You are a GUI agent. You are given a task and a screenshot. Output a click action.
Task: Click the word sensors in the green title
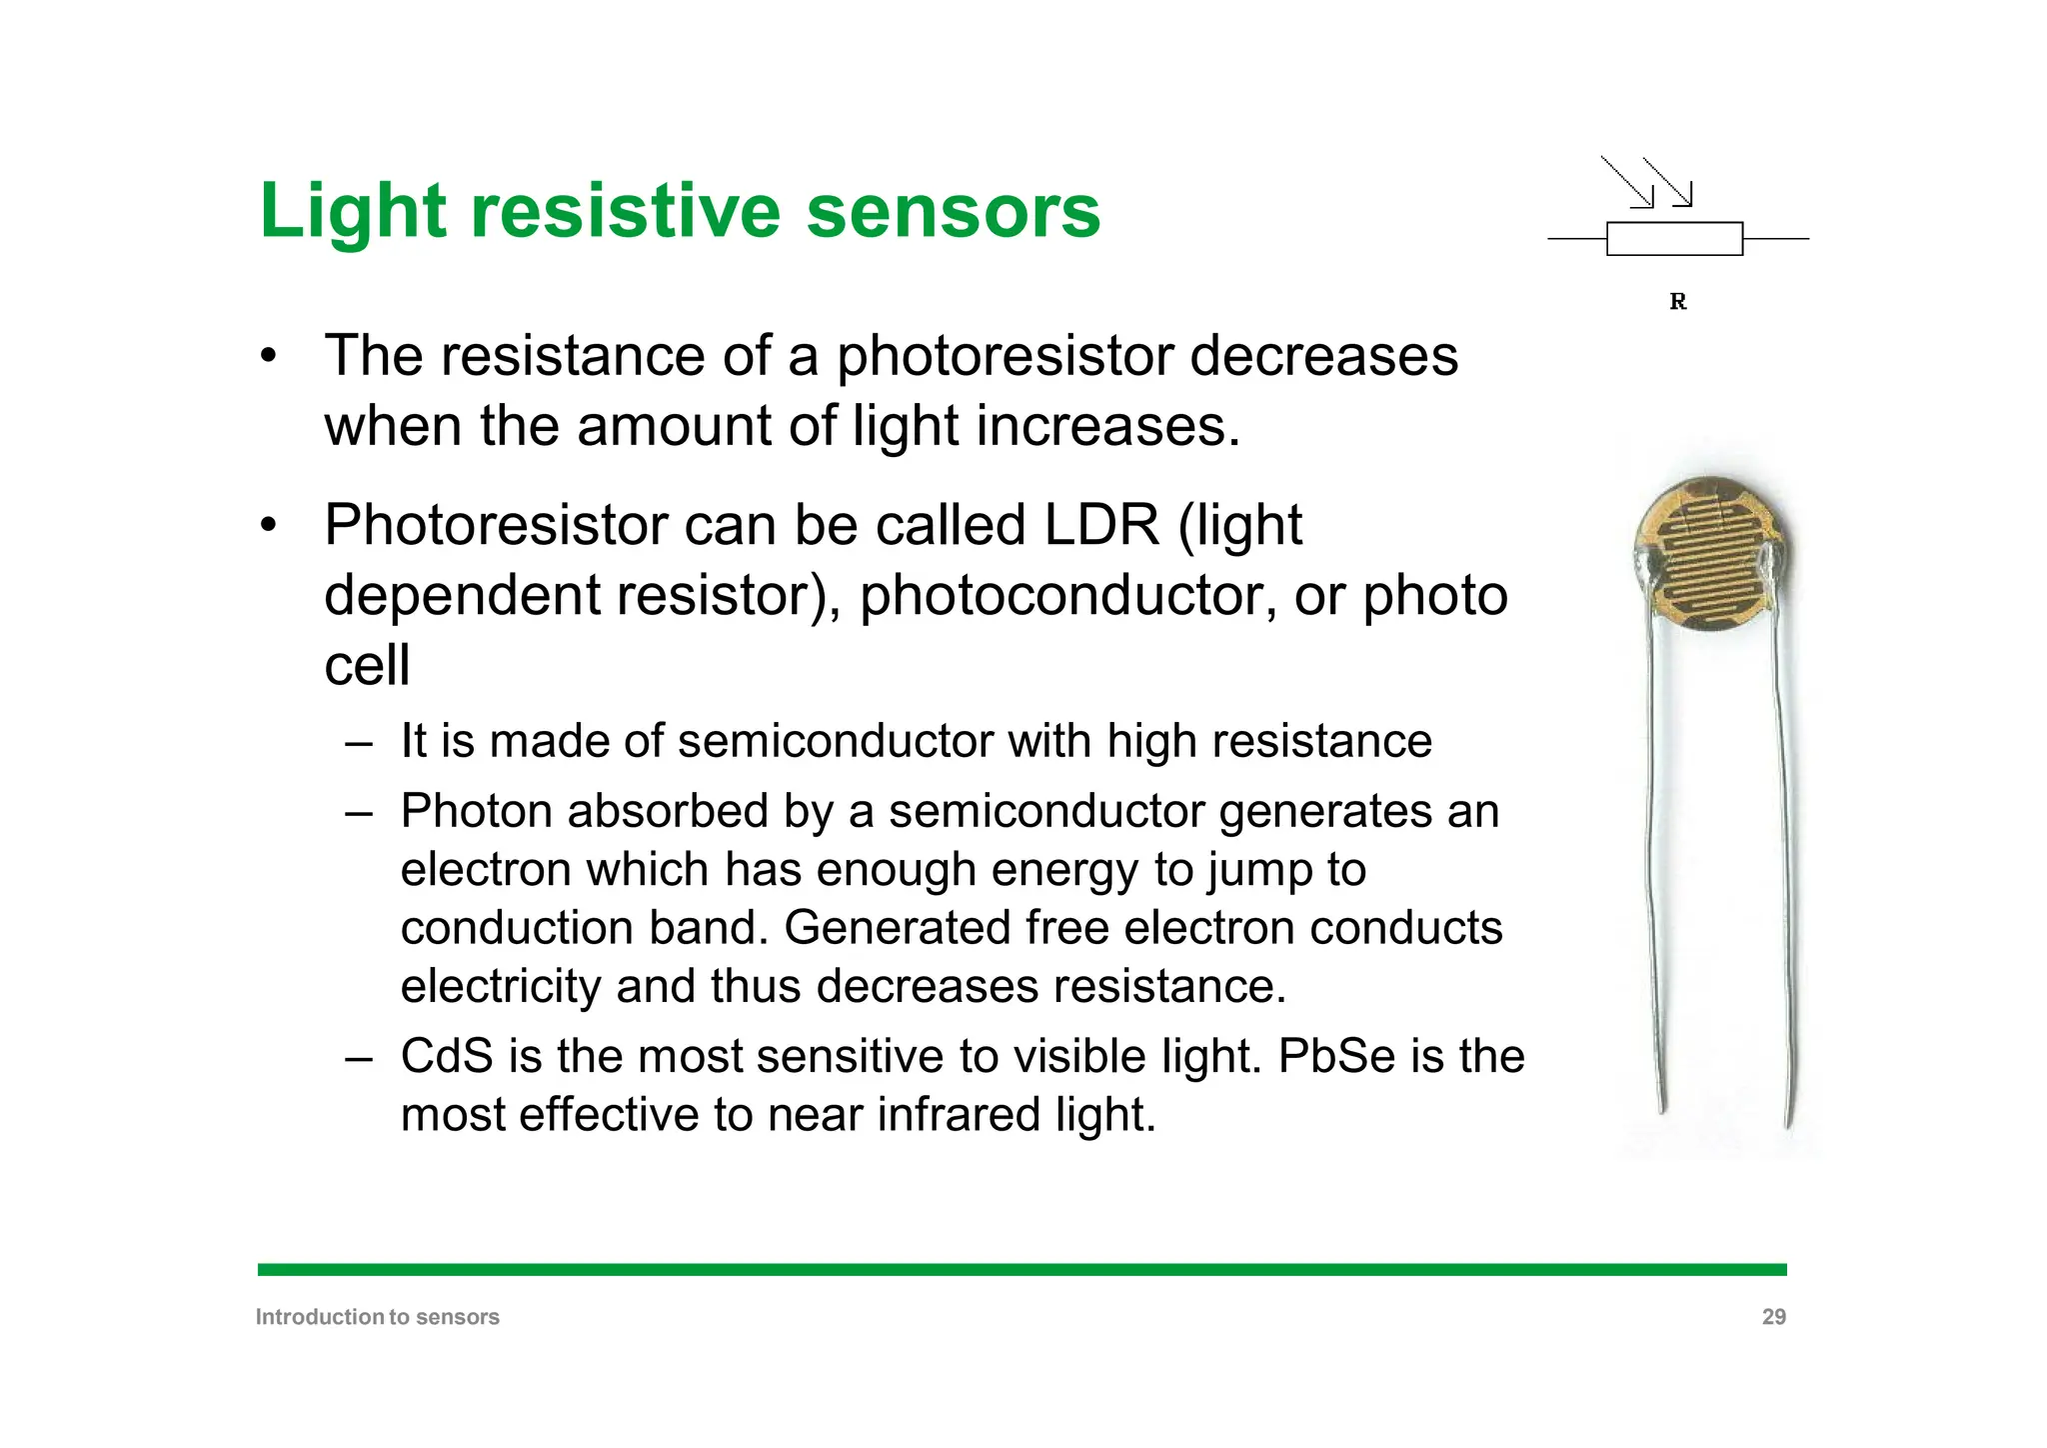pyautogui.click(x=953, y=212)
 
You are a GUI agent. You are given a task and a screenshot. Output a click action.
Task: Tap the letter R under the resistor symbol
pyautogui.click(x=1677, y=301)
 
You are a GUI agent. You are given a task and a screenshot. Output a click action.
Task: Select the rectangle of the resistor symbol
pyautogui.click(x=1674, y=239)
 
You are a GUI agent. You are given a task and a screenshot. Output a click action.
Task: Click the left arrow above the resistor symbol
pyautogui.click(x=1628, y=182)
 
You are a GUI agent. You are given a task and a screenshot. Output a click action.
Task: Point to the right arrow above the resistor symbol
pyautogui.click(x=1668, y=182)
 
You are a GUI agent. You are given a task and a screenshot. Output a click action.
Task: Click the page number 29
pyautogui.click(x=1773, y=1317)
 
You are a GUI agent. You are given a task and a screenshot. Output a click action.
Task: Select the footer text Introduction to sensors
pyautogui.click(x=377, y=1317)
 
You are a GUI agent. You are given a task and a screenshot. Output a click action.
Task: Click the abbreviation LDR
pyautogui.click(x=1100, y=525)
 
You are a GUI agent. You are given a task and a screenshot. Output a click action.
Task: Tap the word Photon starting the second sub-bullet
pyautogui.click(x=476, y=811)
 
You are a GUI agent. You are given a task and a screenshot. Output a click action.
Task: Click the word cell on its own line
pyautogui.click(x=367, y=666)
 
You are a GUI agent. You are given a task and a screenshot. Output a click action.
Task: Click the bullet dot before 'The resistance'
pyautogui.click(x=267, y=357)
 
